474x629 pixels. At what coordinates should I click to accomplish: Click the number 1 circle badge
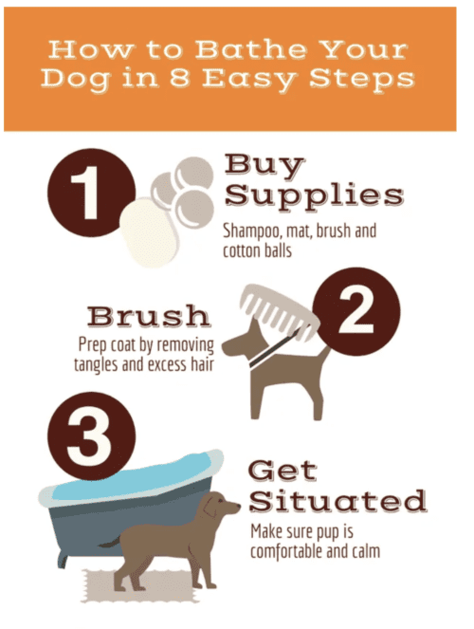[x=91, y=193]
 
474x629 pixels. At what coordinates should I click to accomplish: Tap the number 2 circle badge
[x=356, y=312]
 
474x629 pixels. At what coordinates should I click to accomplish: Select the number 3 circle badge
[x=91, y=436]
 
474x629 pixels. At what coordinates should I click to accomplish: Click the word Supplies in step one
[x=314, y=195]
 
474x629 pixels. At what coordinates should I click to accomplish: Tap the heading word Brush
[x=149, y=316]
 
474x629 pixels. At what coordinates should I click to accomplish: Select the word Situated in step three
[x=337, y=501]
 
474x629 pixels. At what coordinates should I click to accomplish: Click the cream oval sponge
[x=148, y=232]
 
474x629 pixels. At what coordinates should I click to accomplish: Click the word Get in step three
[x=283, y=471]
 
